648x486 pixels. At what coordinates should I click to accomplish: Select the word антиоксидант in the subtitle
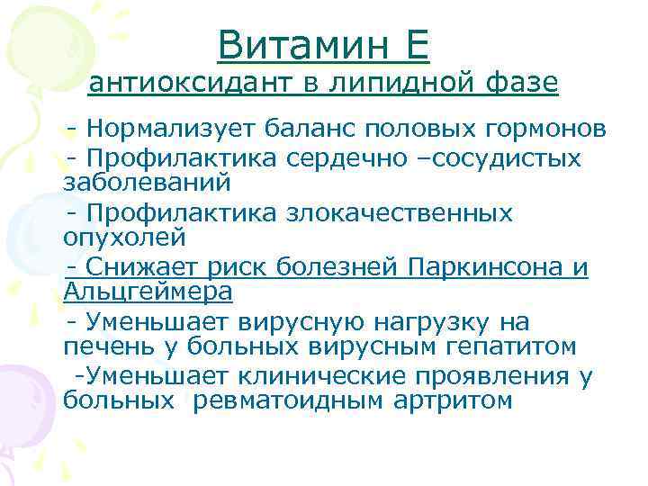tap(192, 85)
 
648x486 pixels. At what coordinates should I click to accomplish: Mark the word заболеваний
tap(148, 183)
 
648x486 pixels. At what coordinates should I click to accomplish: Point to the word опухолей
tap(124, 238)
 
